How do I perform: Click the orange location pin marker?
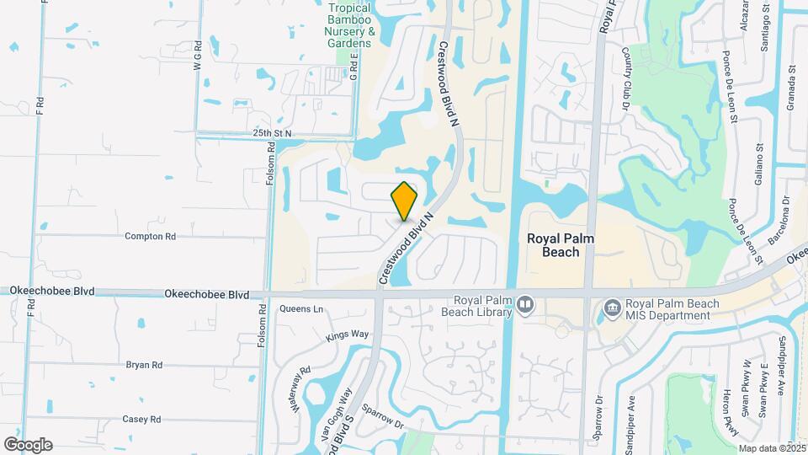[405, 201]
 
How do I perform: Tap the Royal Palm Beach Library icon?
[525, 303]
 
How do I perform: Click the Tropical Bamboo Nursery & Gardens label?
[348, 25]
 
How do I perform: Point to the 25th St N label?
[271, 133]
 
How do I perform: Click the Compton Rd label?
[150, 237]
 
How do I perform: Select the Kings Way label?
[348, 335]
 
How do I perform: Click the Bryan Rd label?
[144, 365]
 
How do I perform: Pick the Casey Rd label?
[141, 419]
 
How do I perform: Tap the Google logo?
[28, 444]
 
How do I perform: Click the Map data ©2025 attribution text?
[773, 448]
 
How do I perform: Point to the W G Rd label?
[198, 55]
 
